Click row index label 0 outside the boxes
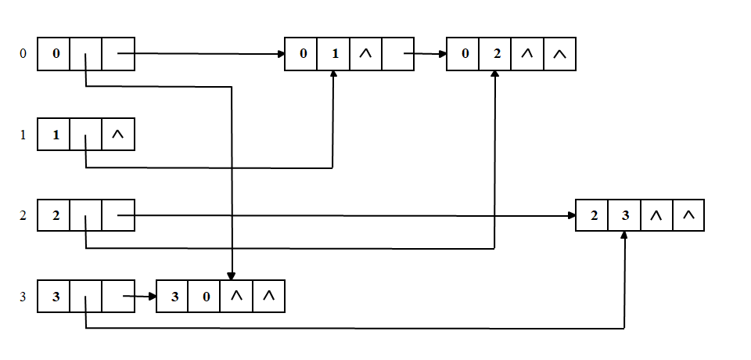23,54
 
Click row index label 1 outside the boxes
23,135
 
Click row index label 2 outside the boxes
23,216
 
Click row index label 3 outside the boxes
23,297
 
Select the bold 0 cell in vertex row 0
54,54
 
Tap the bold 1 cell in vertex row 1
54,135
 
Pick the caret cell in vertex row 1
118,135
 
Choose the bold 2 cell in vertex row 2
54,216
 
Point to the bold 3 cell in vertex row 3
54,297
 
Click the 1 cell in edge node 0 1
334,54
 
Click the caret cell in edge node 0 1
365,54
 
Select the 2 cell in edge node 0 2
495,54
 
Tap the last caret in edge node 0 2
559,54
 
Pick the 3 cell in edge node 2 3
625,215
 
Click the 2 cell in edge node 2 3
593,215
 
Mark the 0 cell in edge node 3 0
205,297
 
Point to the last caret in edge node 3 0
268,297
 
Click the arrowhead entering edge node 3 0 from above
232,276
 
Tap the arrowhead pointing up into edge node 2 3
625,236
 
